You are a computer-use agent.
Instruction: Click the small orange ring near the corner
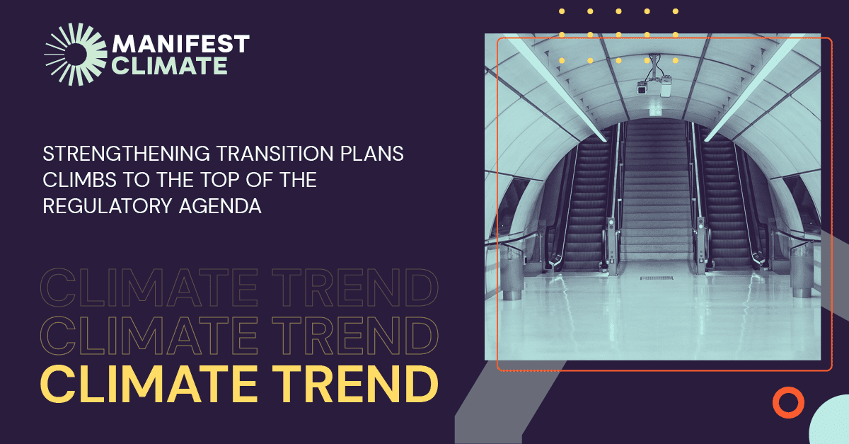point(787,402)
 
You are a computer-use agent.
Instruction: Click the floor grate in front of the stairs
point(657,278)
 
